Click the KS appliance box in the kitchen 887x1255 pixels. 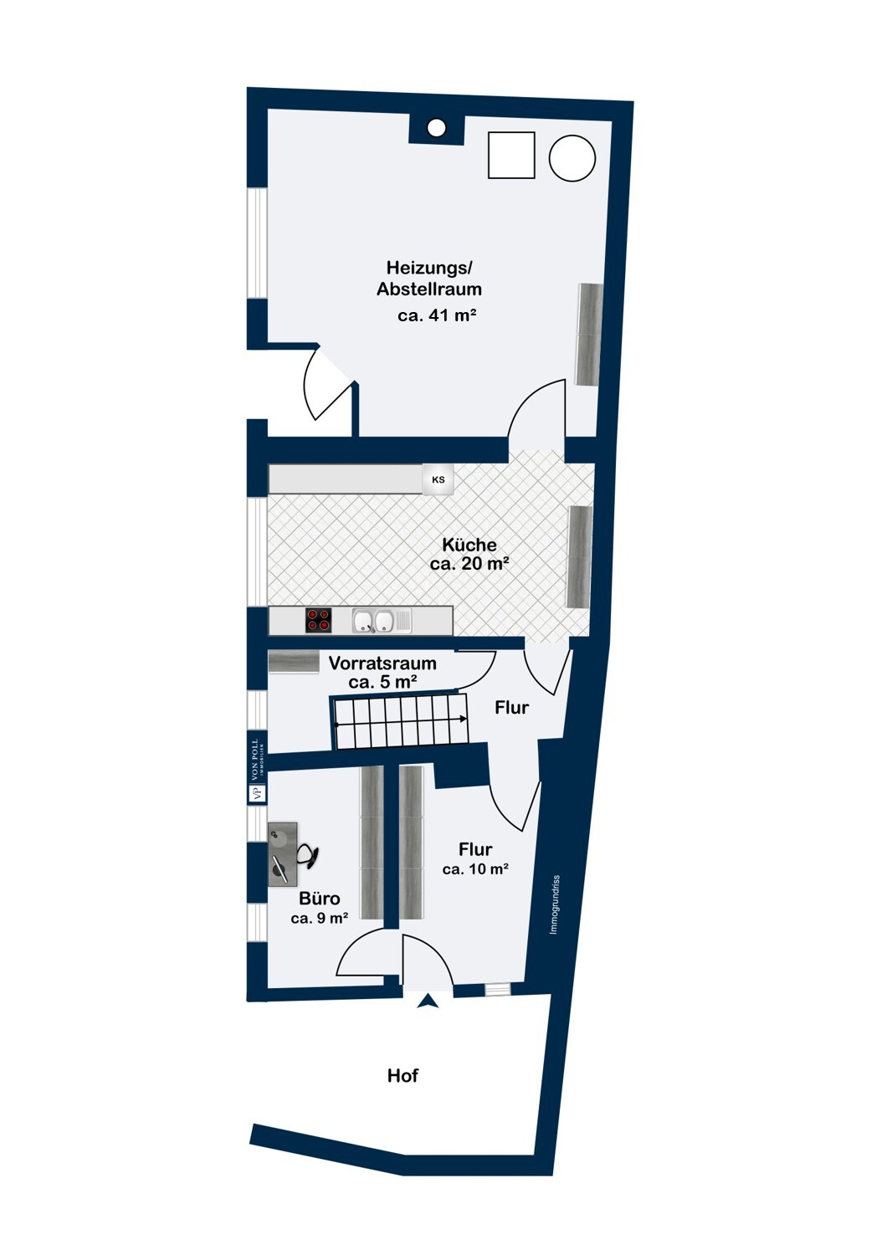pyautogui.click(x=438, y=479)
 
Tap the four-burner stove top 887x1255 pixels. pyautogui.click(x=318, y=620)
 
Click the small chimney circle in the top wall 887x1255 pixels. pyautogui.click(x=435, y=127)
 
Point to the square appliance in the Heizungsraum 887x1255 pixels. pyautogui.click(x=511, y=155)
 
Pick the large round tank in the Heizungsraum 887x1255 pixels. pyautogui.click(x=572, y=158)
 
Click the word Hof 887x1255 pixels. pyautogui.click(x=402, y=1076)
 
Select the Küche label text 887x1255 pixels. pyautogui.click(x=469, y=545)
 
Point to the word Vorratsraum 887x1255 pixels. pyautogui.click(x=382, y=663)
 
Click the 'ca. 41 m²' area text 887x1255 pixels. pyautogui.click(x=437, y=315)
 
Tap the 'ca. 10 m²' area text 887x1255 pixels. pyautogui.click(x=475, y=869)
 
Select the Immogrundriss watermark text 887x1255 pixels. pyautogui.click(x=555, y=904)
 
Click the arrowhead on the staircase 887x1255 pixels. pyautogui.click(x=464, y=720)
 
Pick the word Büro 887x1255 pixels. pyautogui.click(x=319, y=899)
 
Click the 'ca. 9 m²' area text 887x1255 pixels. pyautogui.click(x=320, y=919)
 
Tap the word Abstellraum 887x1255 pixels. pyautogui.click(x=429, y=289)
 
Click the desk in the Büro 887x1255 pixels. pyautogui.click(x=283, y=854)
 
